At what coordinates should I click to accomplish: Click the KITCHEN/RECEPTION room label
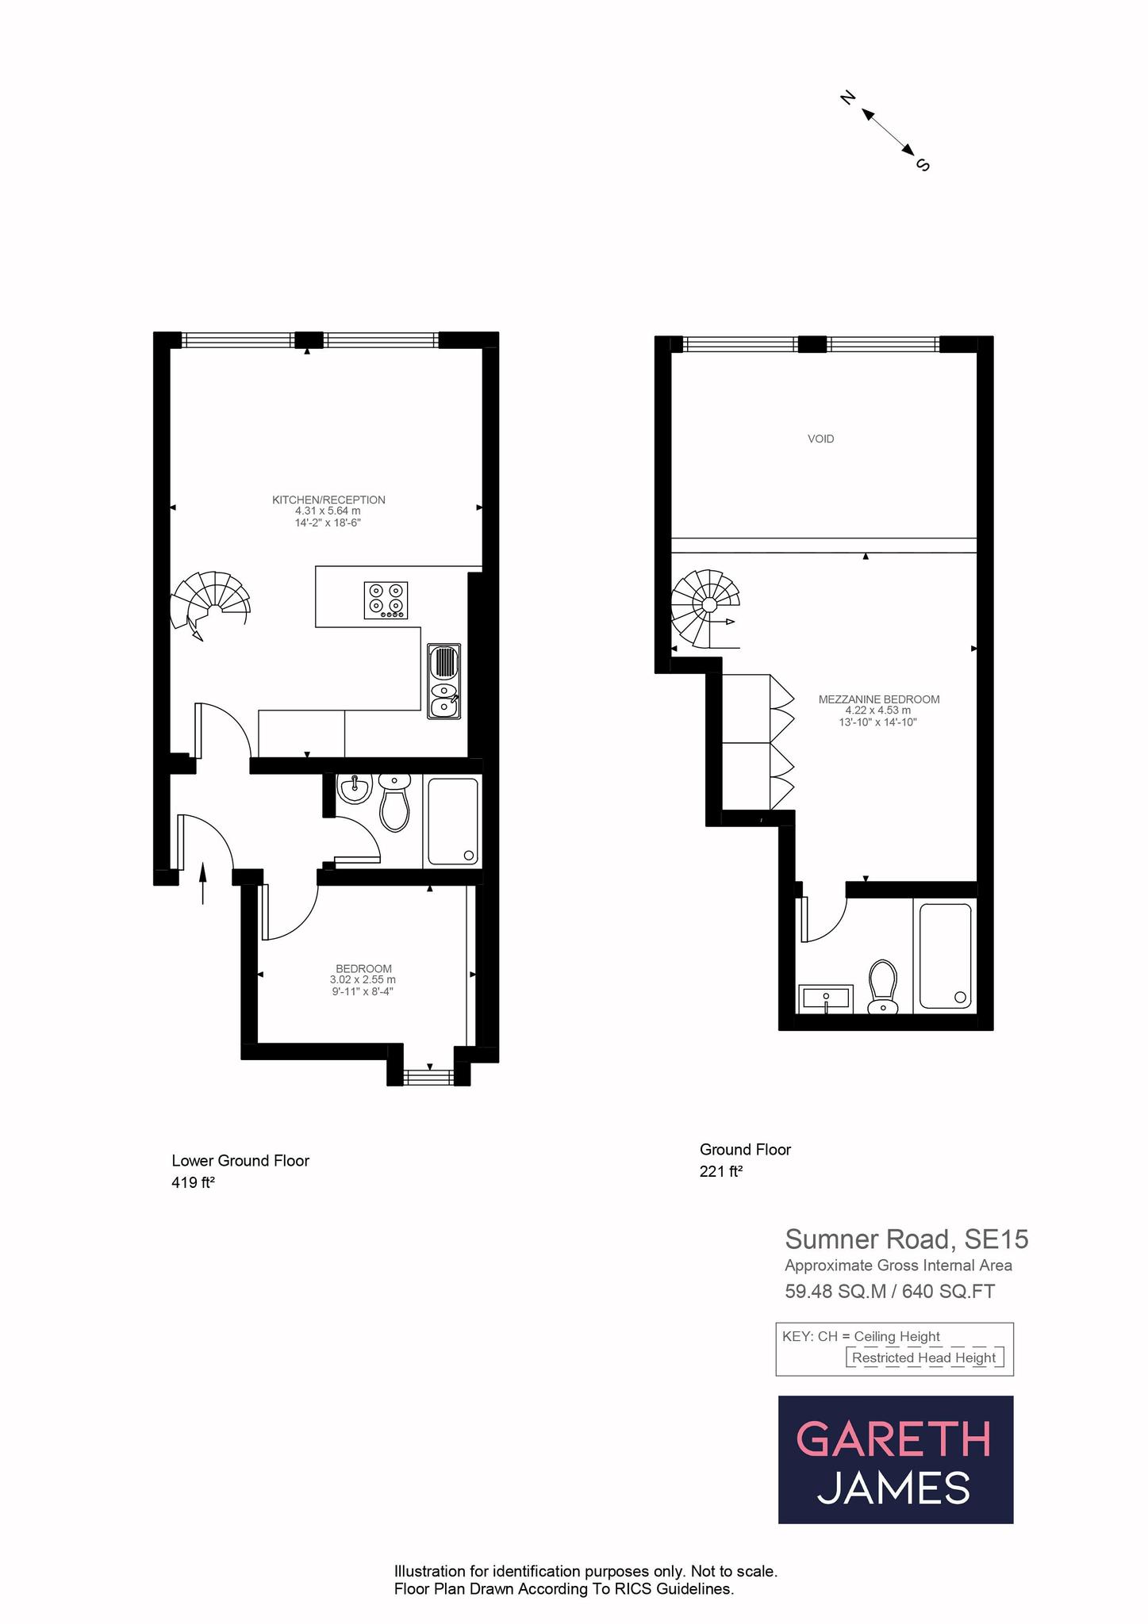coord(328,500)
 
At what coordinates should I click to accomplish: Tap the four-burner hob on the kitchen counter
coord(386,600)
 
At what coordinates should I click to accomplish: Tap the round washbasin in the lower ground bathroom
coord(355,789)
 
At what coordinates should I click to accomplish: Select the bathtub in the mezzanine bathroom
coord(945,956)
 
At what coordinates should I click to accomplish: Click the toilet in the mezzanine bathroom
coord(882,987)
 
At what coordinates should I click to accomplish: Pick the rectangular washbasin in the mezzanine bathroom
coord(826,998)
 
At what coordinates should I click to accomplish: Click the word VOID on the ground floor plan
coord(820,439)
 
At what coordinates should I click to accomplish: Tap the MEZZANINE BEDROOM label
coord(879,699)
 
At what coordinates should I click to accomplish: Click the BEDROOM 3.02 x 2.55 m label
coord(363,969)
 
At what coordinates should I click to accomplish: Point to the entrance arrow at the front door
coord(202,883)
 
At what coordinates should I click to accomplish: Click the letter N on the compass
coord(847,98)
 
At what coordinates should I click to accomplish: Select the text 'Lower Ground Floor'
coord(240,1161)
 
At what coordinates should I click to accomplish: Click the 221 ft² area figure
coord(720,1171)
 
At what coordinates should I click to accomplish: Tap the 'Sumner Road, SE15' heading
coord(906,1239)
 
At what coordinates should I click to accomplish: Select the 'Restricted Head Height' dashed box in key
coord(924,1358)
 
